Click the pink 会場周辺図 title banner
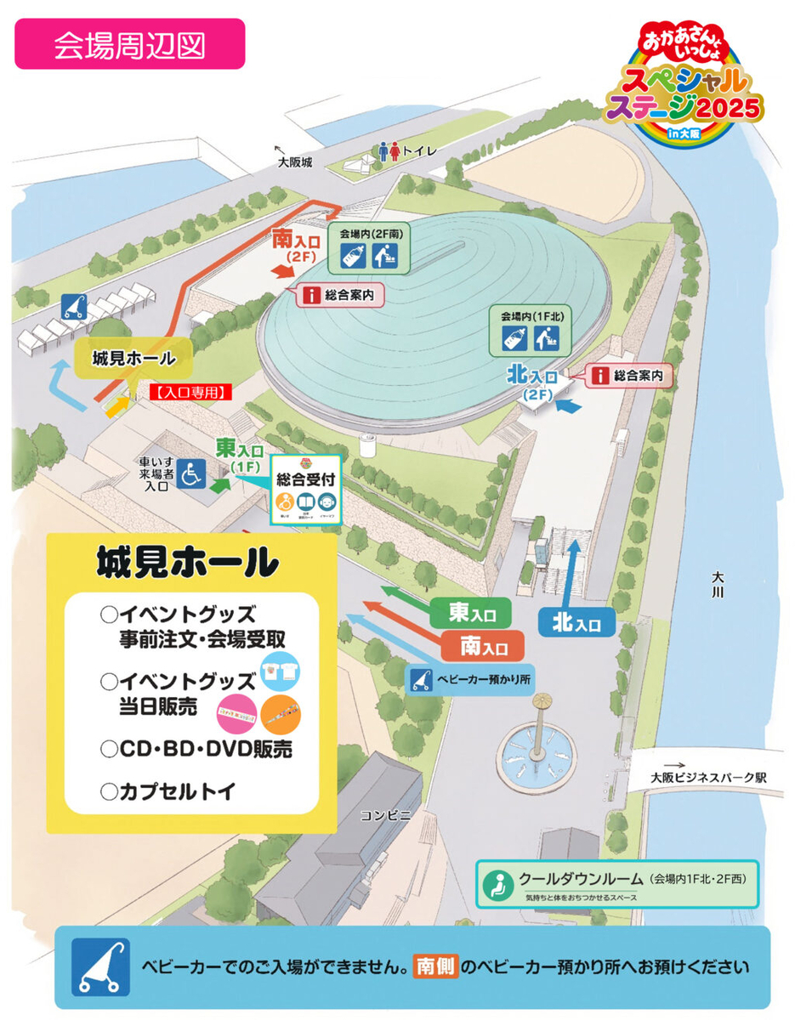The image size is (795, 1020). [x=129, y=44]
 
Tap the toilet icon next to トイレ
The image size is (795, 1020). [x=389, y=151]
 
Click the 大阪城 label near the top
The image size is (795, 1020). [x=295, y=161]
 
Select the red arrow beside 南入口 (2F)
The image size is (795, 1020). [x=281, y=270]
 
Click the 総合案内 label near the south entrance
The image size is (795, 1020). [x=340, y=296]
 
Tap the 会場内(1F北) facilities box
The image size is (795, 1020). [x=535, y=331]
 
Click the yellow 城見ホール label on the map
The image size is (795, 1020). [x=133, y=358]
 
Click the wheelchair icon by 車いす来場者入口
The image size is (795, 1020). [x=192, y=473]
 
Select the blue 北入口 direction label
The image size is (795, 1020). [x=576, y=623]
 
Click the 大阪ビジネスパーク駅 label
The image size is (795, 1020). [x=710, y=777]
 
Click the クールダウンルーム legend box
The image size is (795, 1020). [x=617, y=884]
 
